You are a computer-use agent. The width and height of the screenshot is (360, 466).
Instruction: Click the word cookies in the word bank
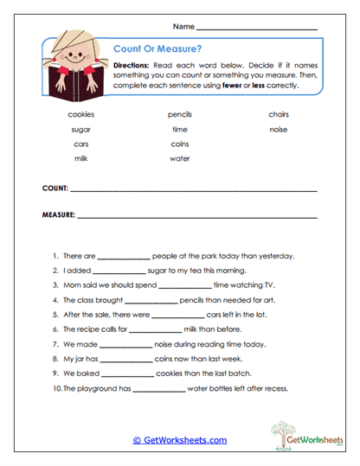pyautogui.click(x=80, y=114)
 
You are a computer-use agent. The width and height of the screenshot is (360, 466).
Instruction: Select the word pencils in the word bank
pyautogui.click(x=180, y=114)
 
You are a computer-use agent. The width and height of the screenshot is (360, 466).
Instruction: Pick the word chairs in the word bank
pyautogui.click(x=279, y=114)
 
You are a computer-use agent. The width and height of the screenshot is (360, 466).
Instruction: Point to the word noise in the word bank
pyautogui.click(x=279, y=129)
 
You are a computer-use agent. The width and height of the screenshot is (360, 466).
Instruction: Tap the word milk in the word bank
pyautogui.click(x=80, y=158)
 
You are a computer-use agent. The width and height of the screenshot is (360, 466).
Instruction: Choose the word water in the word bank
pyautogui.click(x=180, y=158)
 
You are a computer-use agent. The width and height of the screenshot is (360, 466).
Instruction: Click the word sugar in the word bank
pyautogui.click(x=80, y=129)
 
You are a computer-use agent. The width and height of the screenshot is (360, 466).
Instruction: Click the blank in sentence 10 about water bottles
pyautogui.click(x=158, y=389)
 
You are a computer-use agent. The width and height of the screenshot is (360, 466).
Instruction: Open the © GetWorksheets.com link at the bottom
pyautogui.click(x=179, y=440)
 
